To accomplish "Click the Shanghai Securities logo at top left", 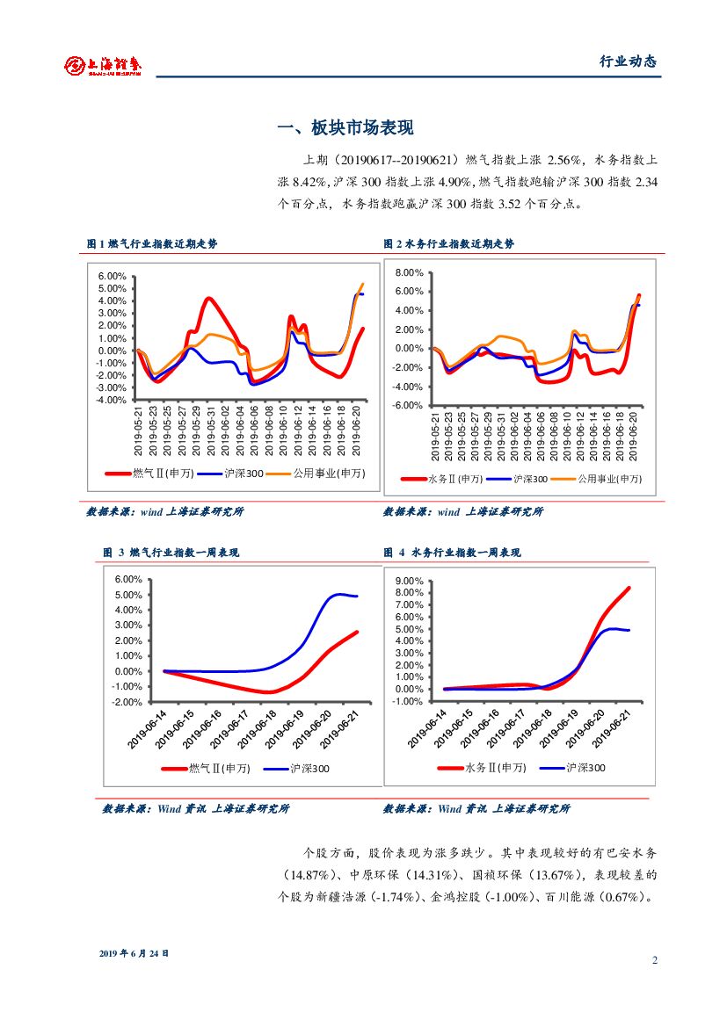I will click(104, 64).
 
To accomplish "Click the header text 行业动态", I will click(628, 61).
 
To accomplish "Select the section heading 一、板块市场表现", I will click(345, 128).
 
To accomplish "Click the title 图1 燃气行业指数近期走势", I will click(151, 243).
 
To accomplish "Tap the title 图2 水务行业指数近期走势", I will click(448, 243).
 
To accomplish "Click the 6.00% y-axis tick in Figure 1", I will click(113, 276).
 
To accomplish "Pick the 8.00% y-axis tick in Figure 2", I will click(410, 273).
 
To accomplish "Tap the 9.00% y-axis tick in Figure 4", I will click(408, 582).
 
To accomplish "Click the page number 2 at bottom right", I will click(655, 959).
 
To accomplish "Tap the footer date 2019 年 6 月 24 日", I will click(134, 953).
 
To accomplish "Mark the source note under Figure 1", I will click(164, 511).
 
